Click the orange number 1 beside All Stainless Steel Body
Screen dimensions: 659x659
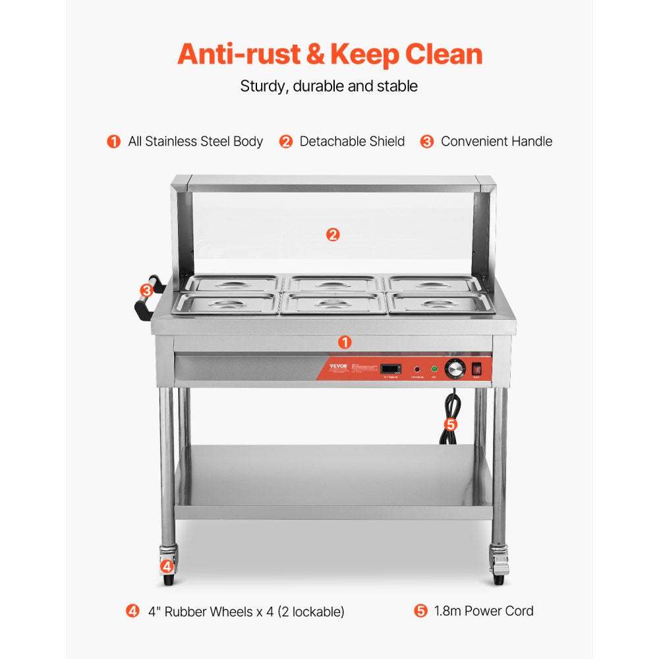click(114, 142)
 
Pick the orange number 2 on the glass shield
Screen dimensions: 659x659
click(333, 234)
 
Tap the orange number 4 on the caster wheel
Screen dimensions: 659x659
click(167, 566)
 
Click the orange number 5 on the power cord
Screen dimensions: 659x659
click(450, 424)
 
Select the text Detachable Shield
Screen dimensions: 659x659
click(352, 142)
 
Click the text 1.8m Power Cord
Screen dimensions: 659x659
click(484, 611)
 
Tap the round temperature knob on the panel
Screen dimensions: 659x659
click(455, 370)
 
